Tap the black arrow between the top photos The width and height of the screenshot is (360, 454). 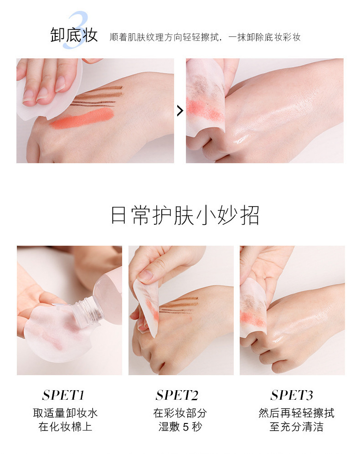[180, 111]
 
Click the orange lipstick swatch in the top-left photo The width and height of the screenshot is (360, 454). [82, 118]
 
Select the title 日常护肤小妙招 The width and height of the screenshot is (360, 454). [185, 215]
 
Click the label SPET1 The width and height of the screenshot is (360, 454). [63, 395]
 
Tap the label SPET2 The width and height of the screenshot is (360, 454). [177, 395]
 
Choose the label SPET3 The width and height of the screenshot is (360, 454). [292, 395]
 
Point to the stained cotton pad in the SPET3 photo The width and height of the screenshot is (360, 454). [253, 310]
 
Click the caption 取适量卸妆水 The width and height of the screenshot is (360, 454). [65, 413]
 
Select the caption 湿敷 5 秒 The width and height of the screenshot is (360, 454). [180, 427]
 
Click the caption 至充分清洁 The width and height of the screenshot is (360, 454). [296, 427]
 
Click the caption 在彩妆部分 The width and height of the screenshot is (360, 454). [180, 413]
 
